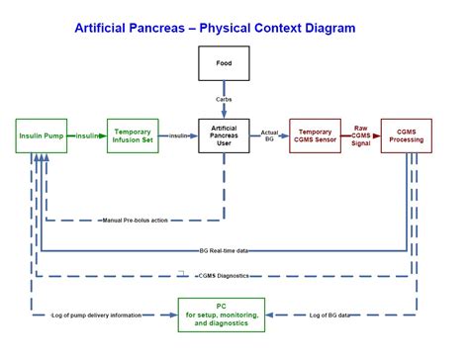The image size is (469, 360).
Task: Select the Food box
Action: coord(224,63)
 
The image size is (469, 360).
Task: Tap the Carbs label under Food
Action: coord(224,99)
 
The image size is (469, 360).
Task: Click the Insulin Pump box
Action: coord(42,135)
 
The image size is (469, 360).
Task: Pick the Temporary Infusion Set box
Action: coord(132,135)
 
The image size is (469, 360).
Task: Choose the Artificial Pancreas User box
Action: coord(224,135)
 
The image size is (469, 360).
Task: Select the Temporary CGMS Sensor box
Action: coord(315,135)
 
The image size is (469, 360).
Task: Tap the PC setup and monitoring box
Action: coord(224,316)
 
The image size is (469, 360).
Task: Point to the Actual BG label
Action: coord(269,135)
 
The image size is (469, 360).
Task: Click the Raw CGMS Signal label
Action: coord(361,135)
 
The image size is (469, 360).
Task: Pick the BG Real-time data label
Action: coord(224,251)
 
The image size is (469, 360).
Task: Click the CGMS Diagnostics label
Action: coord(224,276)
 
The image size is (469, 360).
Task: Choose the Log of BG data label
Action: coord(329,315)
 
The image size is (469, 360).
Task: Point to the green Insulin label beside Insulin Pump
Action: coord(89,135)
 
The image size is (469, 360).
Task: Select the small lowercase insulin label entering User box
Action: coord(178,135)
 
